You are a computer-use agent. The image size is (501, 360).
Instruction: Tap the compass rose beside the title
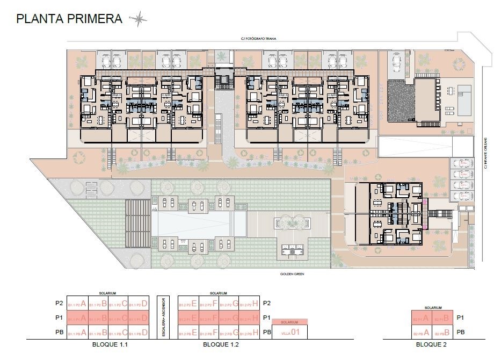coord(139,19)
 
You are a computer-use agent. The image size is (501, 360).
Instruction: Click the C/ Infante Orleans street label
coord(485,153)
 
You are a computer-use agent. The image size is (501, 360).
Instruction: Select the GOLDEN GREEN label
coord(293,275)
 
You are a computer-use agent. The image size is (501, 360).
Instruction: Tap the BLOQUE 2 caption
coord(432,344)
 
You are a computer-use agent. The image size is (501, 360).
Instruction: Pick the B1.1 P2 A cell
coord(76,304)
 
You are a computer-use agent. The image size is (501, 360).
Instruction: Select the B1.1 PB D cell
coord(138,332)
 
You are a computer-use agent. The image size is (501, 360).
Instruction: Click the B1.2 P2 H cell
coord(250,304)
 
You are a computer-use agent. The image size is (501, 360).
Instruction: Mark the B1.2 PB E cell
coord(188,332)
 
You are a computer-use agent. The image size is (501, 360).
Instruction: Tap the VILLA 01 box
coord(290,332)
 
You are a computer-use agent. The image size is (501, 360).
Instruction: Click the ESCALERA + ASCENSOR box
coord(163,318)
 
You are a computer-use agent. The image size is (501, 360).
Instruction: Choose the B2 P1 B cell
coord(443,318)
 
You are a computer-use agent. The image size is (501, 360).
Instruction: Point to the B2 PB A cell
coord(422,332)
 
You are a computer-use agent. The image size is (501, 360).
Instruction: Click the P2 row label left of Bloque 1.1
coord(59,304)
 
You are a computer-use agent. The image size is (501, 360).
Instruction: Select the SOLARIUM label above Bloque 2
coord(433,308)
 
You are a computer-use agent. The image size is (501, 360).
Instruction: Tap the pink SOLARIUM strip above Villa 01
coord(290,322)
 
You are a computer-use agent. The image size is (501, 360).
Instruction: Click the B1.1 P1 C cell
coord(118,318)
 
